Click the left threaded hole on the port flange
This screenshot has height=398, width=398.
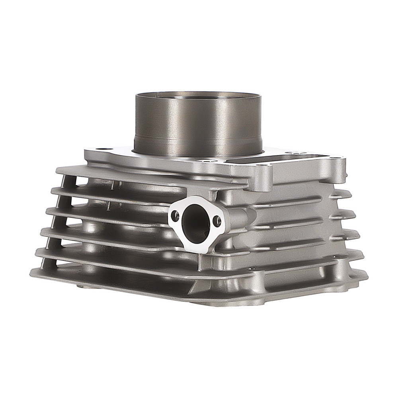[x=174, y=216]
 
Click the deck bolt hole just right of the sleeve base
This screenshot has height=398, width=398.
[x=206, y=161]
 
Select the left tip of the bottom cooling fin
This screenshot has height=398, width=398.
[x=32, y=275]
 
